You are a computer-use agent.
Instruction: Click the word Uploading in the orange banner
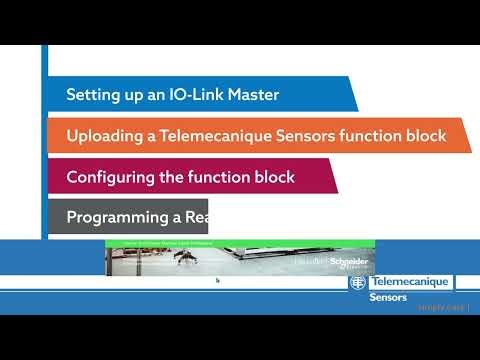pyautogui.click(x=105, y=136)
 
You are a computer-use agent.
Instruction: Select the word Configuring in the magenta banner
pyautogui.click(x=113, y=177)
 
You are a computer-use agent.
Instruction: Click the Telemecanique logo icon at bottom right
pyautogui.click(x=357, y=283)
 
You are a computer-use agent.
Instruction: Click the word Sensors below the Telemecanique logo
pyautogui.click(x=388, y=297)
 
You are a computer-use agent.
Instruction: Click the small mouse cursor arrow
pyautogui.click(x=217, y=280)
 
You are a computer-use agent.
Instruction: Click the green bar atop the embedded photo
pyautogui.click(x=240, y=243)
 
